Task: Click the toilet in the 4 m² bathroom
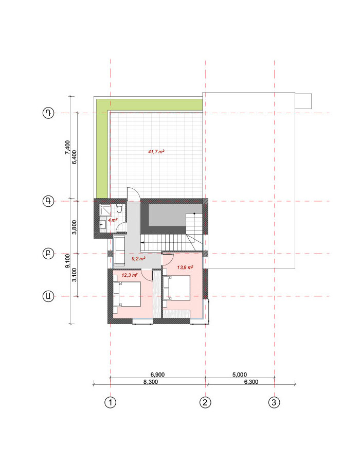[119, 208]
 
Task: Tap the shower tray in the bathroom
[105, 210]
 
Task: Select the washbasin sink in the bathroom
[103, 224]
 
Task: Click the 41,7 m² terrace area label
[156, 152]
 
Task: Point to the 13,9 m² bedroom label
[185, 268]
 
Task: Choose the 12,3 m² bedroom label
[130, 275]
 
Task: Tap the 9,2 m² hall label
[138, 259]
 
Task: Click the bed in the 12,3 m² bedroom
[127, 294]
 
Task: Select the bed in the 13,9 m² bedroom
[176, 288]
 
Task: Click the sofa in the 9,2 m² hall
[119, 250]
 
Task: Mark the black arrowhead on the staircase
[142, 242]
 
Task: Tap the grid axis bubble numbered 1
[111, 402]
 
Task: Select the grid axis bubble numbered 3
[274, 402]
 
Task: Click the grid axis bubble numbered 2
[205, 402]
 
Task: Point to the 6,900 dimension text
[157, 375]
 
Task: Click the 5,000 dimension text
[240, 375]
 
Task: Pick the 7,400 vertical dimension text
[67, 147]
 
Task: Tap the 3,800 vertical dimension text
[75, 227]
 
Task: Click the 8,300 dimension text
[151, 382]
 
